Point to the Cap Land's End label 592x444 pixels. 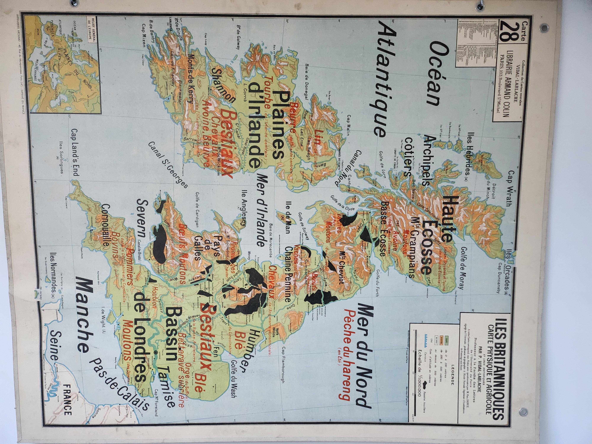coord(75,153)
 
